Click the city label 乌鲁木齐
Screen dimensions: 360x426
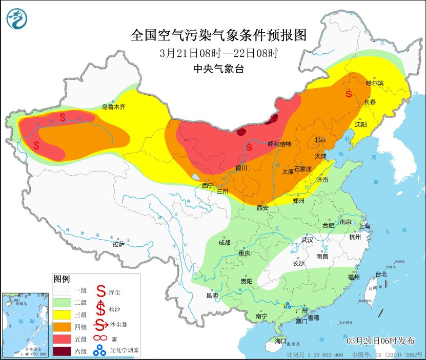coord(113,107)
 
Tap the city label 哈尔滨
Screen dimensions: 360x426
coord(375,82)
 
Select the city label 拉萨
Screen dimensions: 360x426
coord(118,244)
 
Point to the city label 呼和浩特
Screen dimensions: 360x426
coord(279,144)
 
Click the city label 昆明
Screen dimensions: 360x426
coord(212,295)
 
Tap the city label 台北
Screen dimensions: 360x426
coord(381,274)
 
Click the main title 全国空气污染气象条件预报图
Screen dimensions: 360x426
coord(218,35)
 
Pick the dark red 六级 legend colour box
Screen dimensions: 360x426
coord(64,351)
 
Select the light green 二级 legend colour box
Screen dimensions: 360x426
coord(64,302)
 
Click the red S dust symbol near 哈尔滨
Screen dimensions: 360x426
coord(349,94)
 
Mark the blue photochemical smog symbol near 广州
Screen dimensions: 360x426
coord(287,306)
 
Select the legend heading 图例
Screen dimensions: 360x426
coord(62,279)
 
